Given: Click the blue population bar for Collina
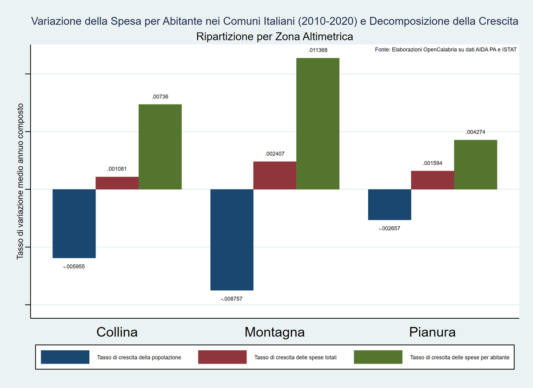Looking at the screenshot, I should (x=74, y=224).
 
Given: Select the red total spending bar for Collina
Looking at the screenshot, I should (x=117, y=183).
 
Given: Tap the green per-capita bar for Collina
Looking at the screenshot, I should (x=160, y=147).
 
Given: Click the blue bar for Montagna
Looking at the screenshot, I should (x=232, y=240).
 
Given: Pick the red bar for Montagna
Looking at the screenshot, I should (x=275, y=176).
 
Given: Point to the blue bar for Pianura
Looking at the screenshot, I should (x=390, y=204).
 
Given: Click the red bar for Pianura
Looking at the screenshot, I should (x=433, y=180).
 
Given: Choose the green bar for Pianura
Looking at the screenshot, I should (x=476, y=164).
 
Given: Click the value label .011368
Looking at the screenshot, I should (x=318, y=51).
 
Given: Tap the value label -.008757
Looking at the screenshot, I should (x=232, y=299).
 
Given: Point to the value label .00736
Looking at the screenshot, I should (x=160, y=96).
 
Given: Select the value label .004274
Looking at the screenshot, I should (x=476, y=132).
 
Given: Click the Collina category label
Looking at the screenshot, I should (x=117, y=332).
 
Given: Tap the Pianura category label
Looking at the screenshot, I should (x=432, y=332).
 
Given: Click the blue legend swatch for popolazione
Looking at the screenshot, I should (x=65, y=357).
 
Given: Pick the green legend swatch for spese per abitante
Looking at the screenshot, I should (x=378, y=357).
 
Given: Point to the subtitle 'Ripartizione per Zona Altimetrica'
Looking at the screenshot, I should (x=274, y=36).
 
